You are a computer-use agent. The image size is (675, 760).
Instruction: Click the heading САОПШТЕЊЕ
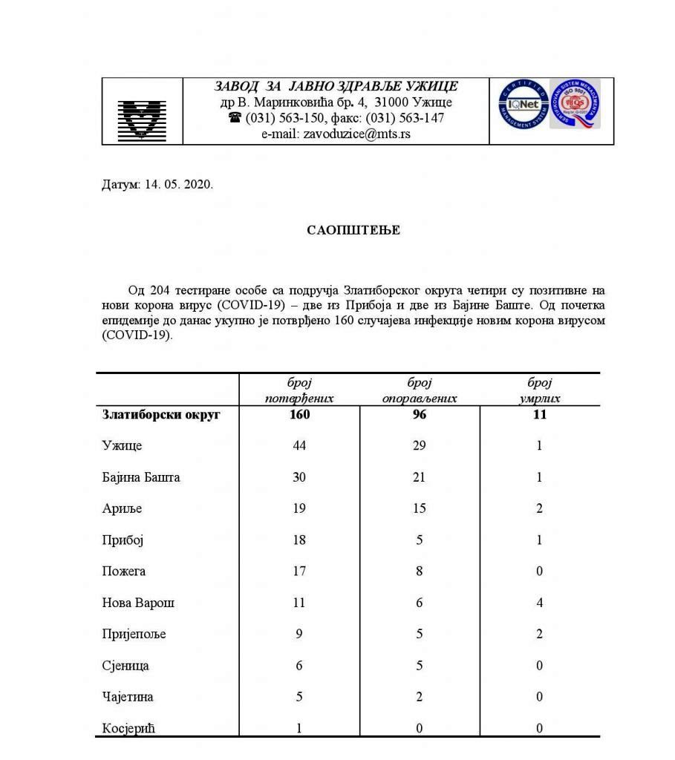[x=353, y=230]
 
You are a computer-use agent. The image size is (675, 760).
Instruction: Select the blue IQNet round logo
[x=523, y=104]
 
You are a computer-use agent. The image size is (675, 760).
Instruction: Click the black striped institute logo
[x=143, y=118]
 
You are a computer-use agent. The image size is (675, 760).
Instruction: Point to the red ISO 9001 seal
[x=575, y=104]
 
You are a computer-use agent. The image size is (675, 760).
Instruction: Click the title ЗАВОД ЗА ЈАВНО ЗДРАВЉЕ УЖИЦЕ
[x=336, y=87]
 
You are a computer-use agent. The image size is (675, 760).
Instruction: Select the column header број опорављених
[x=420, y=390]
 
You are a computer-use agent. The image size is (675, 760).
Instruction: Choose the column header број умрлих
[x=540, y=390]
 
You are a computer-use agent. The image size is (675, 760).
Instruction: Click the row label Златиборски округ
[x=161, y=415]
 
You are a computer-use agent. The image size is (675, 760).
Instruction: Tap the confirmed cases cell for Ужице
[x=299, y=446]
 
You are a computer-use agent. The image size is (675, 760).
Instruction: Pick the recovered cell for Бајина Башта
[x=420, y=477]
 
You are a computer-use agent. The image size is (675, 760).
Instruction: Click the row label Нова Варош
[x=138, y=603]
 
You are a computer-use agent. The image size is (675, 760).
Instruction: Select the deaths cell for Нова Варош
[x=540, y=603]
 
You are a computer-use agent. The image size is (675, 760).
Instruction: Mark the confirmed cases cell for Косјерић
[x=299, y=728]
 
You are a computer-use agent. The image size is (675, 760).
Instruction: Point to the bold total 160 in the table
[x=299, y=415]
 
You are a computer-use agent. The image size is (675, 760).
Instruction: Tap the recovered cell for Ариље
[x=420, y=508]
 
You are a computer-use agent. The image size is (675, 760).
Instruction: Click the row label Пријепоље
[x=134, y=635]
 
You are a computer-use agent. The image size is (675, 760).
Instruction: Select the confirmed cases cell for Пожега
[x=299, y=571]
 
